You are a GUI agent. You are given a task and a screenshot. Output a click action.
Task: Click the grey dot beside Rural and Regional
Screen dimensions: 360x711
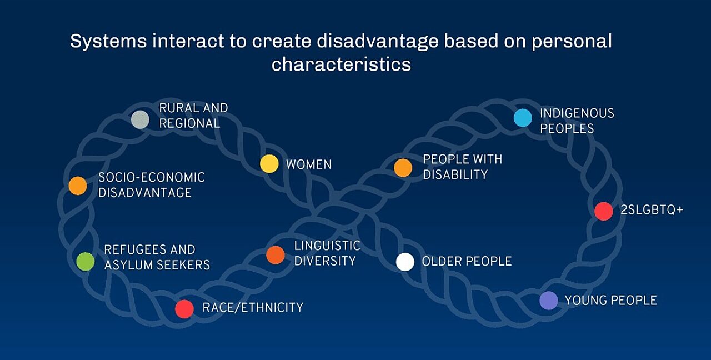click(140, 119)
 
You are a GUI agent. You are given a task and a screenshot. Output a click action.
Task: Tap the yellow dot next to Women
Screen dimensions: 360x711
click(269, 164)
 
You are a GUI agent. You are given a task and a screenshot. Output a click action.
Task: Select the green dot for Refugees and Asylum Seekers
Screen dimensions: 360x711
click(86, 261)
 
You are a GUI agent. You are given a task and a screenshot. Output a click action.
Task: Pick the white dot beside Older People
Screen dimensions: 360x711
click(405, 262)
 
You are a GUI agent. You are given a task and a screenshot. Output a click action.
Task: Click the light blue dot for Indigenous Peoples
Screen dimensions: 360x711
click(523, 118)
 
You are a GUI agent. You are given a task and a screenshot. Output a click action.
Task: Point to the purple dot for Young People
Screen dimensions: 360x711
click(549, 301)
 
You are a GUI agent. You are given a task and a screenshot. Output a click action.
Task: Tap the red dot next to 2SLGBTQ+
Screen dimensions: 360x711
click(603, 211)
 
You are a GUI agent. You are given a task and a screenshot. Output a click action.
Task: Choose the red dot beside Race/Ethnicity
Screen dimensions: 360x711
click(184, 309)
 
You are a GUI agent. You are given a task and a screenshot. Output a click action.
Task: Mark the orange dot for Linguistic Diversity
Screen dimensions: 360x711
click(276, 255)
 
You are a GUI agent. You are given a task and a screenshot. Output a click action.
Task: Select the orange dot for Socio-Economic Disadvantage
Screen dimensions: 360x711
click(78, 186)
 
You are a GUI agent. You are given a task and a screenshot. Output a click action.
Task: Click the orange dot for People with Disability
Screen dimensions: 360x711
click(403, 168)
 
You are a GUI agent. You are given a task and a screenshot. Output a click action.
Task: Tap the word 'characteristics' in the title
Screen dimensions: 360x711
click(341, 64)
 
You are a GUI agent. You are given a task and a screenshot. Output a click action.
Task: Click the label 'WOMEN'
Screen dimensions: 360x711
click(309, 164)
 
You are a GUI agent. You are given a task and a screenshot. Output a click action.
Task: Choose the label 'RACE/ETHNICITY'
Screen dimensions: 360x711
click(253, 307)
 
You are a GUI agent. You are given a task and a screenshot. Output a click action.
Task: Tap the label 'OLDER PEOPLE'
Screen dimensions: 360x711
click(467, 261)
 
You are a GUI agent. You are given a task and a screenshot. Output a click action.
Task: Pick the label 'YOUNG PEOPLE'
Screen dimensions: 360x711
click(610, 301)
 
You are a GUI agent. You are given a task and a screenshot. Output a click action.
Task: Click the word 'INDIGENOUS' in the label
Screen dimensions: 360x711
click(577, 113)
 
